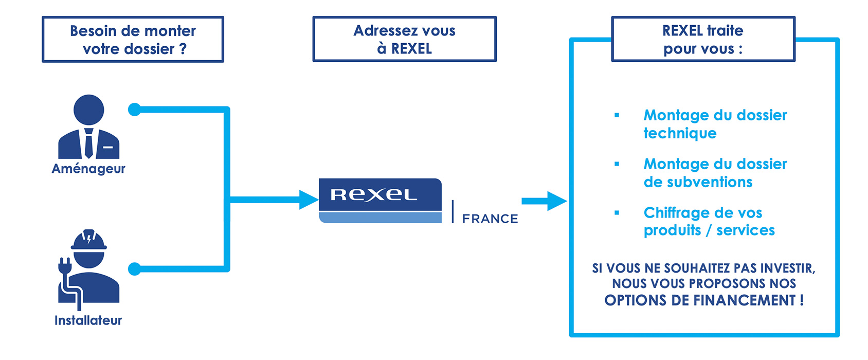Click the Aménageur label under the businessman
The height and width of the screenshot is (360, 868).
(88, 169)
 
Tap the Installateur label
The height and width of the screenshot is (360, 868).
(88, 320)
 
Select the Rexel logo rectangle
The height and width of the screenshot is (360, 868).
(380, 200)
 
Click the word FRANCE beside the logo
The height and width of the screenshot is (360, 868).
(490, 219)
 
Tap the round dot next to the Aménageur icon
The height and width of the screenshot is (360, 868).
(135, 110)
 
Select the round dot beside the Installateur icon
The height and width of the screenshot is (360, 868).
(135, 268)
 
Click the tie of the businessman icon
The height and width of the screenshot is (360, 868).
(89, 143)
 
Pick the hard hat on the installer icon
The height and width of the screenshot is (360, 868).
(89, 241)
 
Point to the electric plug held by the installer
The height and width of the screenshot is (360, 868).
(65, 267)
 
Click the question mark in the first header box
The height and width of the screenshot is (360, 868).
(183, 49)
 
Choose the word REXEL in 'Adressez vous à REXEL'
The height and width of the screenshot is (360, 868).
(411, 49)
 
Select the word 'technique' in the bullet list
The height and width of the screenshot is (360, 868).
(680, 133)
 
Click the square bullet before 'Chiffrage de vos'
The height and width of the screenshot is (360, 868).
(617, 213)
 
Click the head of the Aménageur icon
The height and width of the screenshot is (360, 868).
(89, 110)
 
